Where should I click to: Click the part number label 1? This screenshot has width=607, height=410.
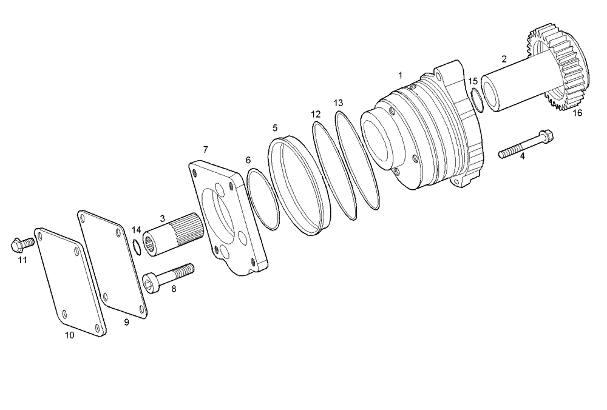400,75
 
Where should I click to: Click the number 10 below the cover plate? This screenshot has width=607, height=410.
69,335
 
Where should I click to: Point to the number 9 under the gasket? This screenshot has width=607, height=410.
126,323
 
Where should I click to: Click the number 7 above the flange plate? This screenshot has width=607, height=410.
206,149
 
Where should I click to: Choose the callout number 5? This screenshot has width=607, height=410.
275,128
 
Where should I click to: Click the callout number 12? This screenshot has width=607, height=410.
316,114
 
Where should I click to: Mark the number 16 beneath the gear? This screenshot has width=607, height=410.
577,113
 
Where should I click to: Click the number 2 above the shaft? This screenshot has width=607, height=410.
504,59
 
